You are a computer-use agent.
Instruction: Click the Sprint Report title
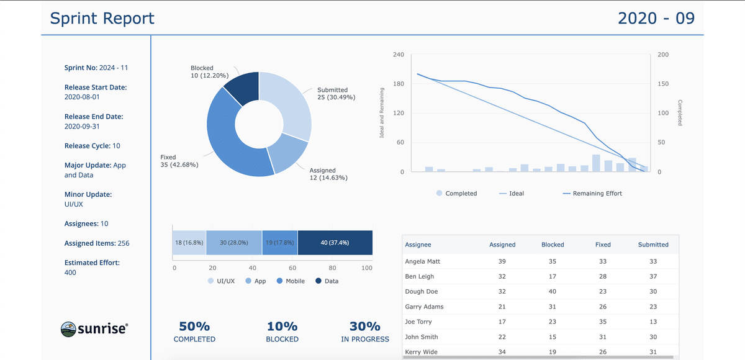(102, 19)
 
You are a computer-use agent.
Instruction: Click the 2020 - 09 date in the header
(656, 19)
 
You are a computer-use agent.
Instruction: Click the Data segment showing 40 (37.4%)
(335, 243)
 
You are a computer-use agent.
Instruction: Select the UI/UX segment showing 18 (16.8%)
(189, 243)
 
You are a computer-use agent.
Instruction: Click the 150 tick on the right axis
(664, 84)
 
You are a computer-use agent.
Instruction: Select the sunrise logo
(94, 328)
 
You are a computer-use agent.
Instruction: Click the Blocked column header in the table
(553, 245)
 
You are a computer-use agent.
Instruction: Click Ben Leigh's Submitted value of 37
(653, 277)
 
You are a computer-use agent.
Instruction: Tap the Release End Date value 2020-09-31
(82, 127)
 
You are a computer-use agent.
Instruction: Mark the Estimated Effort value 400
(70, 272)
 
